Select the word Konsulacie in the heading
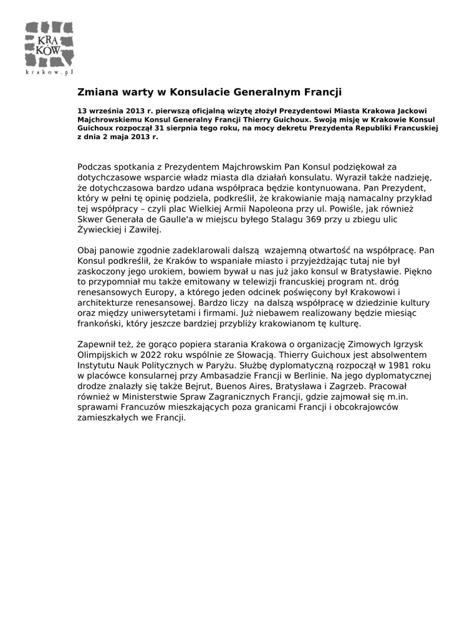coord(201,92)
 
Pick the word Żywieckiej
coord(99,230)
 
